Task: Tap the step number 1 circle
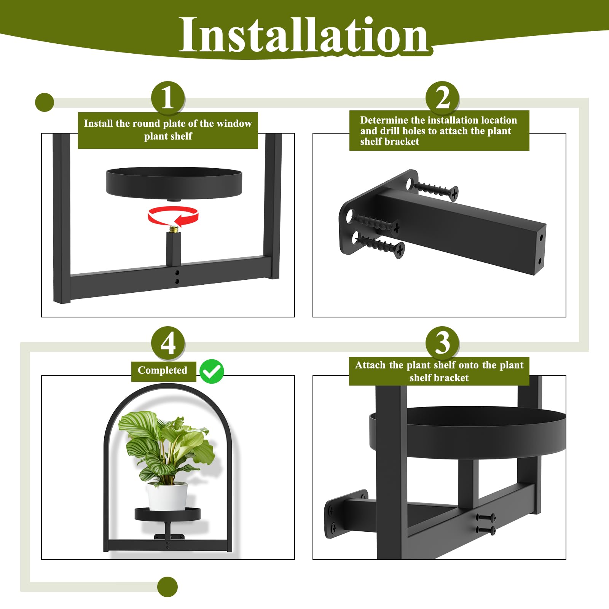[168, 98]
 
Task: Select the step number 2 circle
[442, 98]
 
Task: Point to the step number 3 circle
[442, 343]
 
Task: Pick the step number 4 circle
[168, 343]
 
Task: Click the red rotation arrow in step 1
[173, 216]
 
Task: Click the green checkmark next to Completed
[212, 371]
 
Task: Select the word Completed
[163, 370]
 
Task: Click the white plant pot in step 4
[167, 496]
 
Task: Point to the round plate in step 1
[174, 182]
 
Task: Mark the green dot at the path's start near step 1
[45, 102]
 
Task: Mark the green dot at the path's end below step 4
[167, 587]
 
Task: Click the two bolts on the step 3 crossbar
[486, 524]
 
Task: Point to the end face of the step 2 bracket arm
[540, 249]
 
